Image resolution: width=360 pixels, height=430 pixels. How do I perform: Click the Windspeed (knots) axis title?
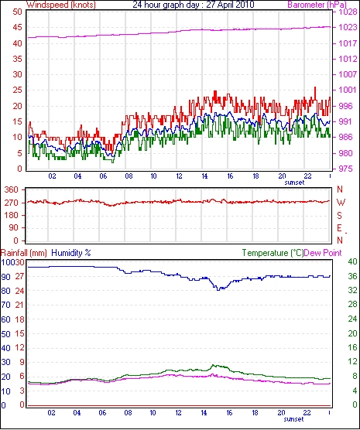61,5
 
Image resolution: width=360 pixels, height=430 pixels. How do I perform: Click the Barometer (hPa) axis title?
317,5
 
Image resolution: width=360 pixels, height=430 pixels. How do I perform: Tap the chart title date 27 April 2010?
231,5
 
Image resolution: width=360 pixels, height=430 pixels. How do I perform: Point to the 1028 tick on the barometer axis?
348,12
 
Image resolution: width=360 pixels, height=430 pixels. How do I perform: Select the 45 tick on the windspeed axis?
18,27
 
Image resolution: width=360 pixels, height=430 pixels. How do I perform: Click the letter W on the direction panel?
341,203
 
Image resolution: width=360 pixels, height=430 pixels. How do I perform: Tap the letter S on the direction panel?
340,216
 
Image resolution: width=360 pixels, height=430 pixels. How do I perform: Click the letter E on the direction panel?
340,228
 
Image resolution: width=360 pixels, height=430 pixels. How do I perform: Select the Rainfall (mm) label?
24,253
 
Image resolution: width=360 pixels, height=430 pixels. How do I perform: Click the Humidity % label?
71,253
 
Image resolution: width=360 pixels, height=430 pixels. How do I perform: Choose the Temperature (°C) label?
273,253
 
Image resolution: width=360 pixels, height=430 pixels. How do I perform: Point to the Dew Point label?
323,253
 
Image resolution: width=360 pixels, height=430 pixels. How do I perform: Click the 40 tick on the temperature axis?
352,261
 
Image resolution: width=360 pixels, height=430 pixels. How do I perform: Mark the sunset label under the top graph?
294,183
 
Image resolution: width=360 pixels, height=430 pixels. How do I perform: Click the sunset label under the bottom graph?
294,419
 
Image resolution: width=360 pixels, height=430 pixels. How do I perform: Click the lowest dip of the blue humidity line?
218,290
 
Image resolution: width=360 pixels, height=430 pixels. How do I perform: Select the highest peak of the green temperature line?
214,365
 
